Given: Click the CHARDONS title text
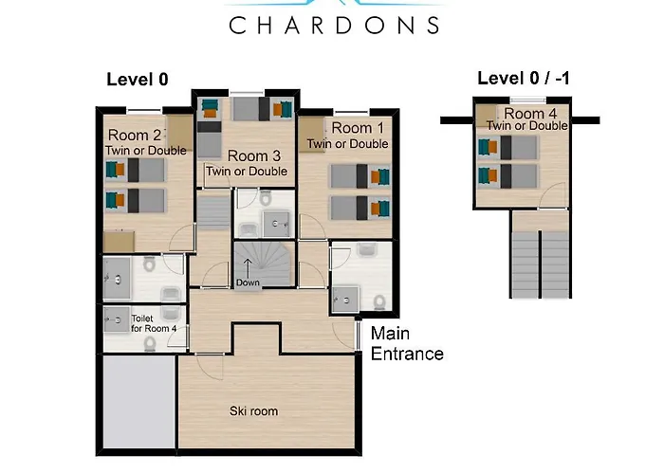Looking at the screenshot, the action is pos(334,26).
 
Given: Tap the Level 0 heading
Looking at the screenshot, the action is pos(138,80).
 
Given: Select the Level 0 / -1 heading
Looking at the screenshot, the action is pos(524,79).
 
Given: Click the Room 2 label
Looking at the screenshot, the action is pos(135,136).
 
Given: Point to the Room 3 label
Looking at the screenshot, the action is pos(254,156).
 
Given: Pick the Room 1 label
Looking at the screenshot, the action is pos(358,128).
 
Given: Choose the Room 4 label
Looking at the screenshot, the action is pos(530,114).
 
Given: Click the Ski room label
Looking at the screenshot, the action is pos(253,410).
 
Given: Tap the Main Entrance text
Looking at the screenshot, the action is pos(407,343).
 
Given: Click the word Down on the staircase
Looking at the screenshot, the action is pos(248,283).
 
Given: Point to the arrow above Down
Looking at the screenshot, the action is pos(248,268).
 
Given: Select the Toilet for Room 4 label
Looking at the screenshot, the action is pos(154,323).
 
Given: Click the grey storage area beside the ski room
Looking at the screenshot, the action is pos(139,401).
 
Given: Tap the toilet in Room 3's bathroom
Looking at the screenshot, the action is pos(266,197).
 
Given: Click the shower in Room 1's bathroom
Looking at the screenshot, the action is pos(345,300).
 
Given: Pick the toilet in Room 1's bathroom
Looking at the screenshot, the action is pos(379,302).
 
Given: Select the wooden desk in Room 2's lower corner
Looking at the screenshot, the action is pos(119,242).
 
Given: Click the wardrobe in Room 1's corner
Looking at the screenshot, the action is pos(312,135).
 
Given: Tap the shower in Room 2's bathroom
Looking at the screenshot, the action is pos(117,279).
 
